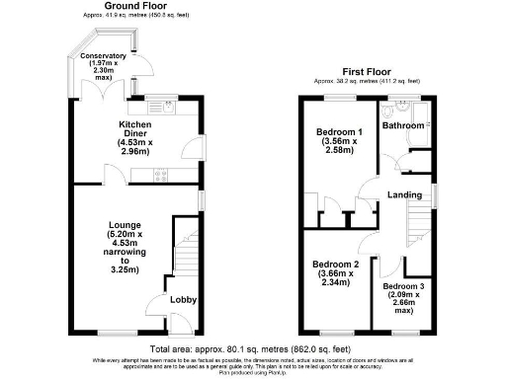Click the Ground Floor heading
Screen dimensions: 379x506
pos(112,7)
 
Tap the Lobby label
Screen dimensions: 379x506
pos(183,300)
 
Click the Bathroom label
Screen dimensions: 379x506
pos(404,126)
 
